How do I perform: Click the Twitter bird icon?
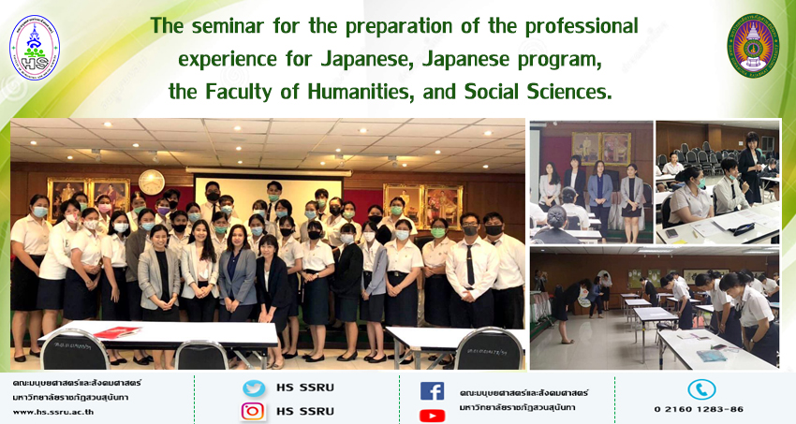click(x=254, y=388)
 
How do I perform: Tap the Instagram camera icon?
click(x=253, y=411)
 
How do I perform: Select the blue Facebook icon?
click(x=432, y=391)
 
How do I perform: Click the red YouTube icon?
click(x=432, y=416)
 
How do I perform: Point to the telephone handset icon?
click(x=701, y=389)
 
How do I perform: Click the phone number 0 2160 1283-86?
click(x=699, y=409)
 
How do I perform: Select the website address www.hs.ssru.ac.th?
click(x=53, y=412)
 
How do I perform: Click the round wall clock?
click(x=152, y=183)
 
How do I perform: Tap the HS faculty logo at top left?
click(x=35, y=48)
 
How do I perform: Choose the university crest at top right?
click(x=753, y=46)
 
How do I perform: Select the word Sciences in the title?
click(x=569, y=92)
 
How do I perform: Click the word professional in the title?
click(x=582, y=27)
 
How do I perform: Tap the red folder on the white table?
click(x=117, y=332)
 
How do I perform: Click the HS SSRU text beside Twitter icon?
click(x=305, y=388)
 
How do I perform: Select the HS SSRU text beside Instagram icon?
click(x=305, y=411)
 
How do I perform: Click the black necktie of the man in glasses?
click(x=471, y=264)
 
